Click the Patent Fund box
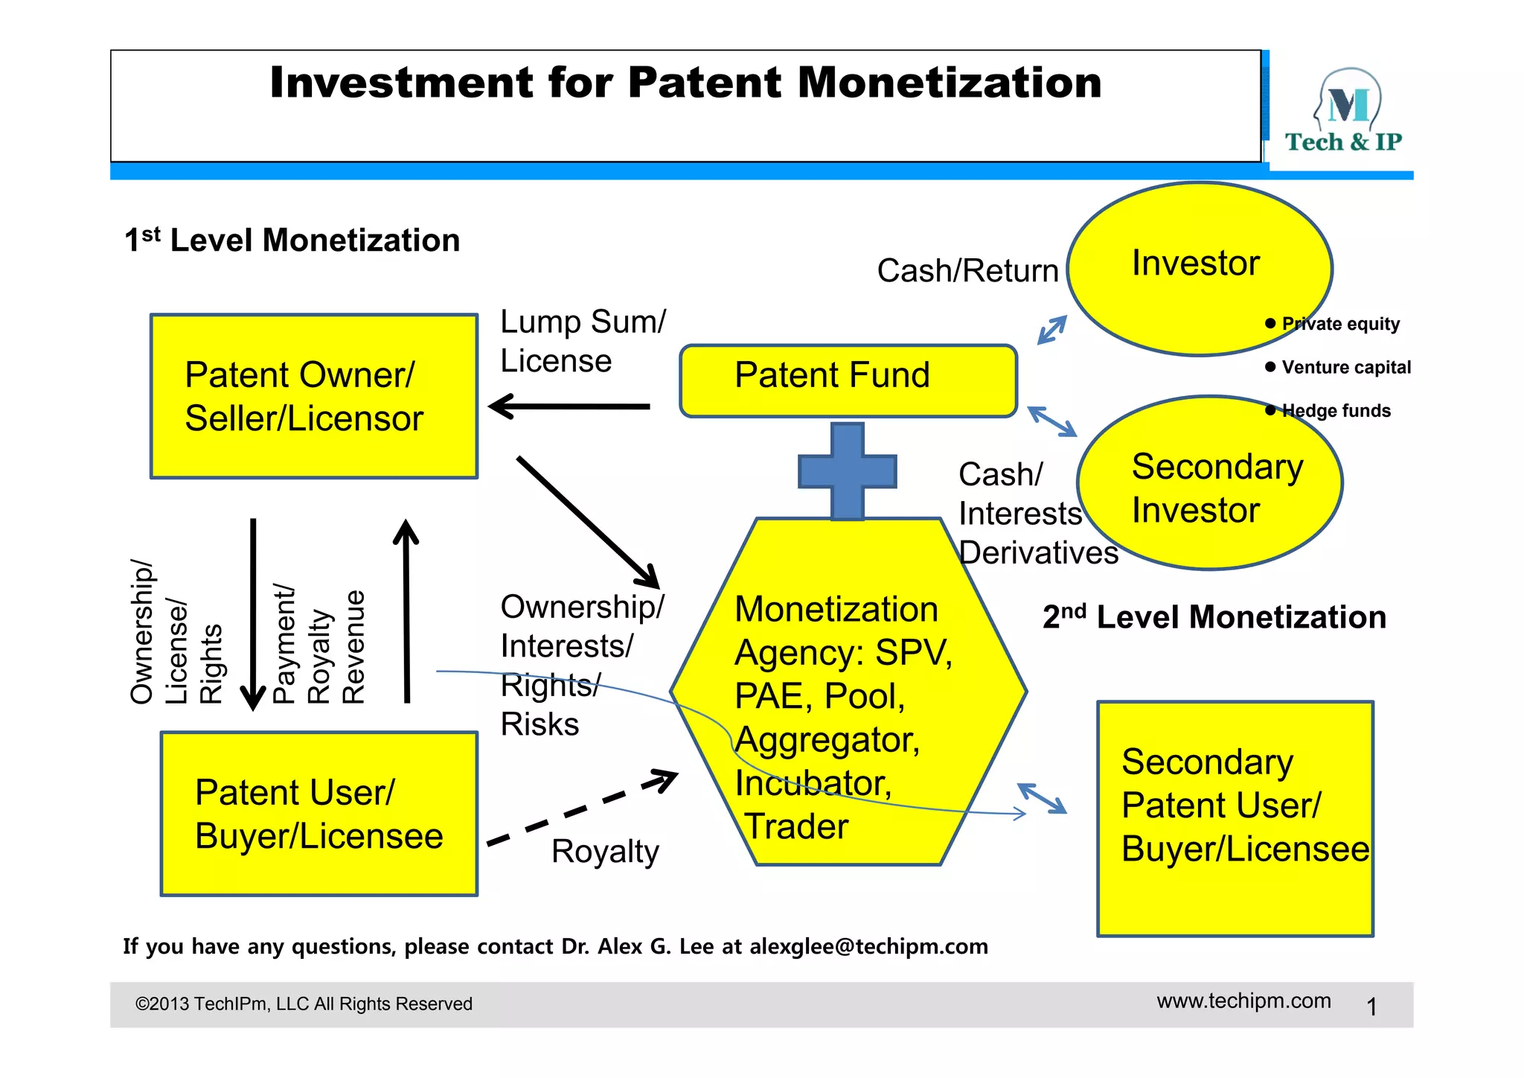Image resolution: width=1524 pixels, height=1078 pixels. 848,380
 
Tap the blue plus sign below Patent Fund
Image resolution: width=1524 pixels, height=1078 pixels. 848,471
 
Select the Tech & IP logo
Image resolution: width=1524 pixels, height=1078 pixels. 1344,112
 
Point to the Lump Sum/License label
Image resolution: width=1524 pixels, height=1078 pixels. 583,341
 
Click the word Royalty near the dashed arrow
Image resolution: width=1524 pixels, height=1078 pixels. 605,852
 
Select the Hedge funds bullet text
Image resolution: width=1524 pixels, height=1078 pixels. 1336,411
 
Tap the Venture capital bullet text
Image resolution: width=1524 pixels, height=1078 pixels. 1345,368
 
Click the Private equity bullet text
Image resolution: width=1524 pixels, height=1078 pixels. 1340,324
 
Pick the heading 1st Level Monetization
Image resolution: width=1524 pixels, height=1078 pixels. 292,240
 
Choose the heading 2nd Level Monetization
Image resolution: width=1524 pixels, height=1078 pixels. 1214,617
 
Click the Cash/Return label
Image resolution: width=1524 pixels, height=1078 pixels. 967,270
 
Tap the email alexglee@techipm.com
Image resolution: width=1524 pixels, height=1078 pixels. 868,946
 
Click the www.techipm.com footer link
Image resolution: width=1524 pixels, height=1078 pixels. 1243,1001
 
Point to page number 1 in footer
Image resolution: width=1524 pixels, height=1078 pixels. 1371,1007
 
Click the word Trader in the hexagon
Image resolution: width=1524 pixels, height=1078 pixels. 796,826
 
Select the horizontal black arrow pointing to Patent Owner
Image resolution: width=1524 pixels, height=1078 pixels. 570,406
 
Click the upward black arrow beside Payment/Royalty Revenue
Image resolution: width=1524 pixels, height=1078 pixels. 406,610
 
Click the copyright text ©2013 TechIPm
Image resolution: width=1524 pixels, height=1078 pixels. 304,1004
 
